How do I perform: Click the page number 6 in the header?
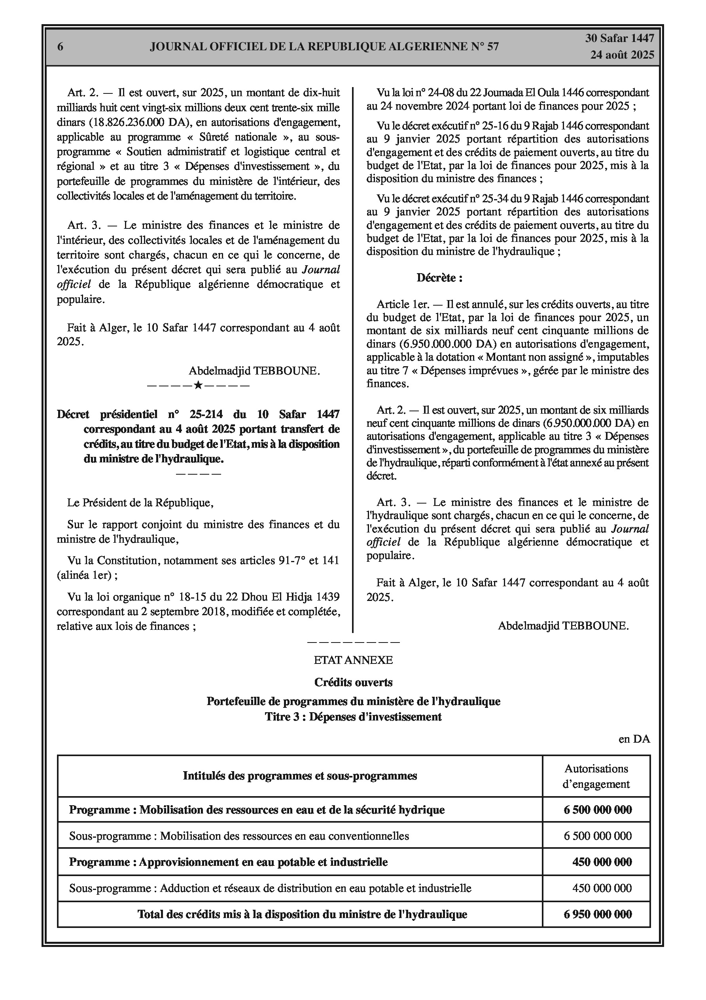click(60, 47)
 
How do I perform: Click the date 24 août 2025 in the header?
click(622, 55)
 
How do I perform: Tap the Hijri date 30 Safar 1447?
click(619, 38)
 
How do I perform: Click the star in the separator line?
click(198, 385)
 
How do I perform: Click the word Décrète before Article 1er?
click(439, 278)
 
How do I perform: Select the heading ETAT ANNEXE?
click(353, 660)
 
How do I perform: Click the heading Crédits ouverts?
click(353, 682)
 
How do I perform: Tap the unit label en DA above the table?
click(634, 739)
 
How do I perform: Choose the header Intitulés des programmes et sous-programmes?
click(299, 776)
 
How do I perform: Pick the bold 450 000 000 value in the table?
click(602, 861)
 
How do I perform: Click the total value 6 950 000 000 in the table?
click(598, 914)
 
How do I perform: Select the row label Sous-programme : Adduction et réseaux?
click(270, 888)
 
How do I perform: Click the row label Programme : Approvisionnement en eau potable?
click(228, 861)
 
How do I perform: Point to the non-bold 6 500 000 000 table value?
click(598, 836)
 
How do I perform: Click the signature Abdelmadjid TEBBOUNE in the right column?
click(563, 626)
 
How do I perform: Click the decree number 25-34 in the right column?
click(494, 199)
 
